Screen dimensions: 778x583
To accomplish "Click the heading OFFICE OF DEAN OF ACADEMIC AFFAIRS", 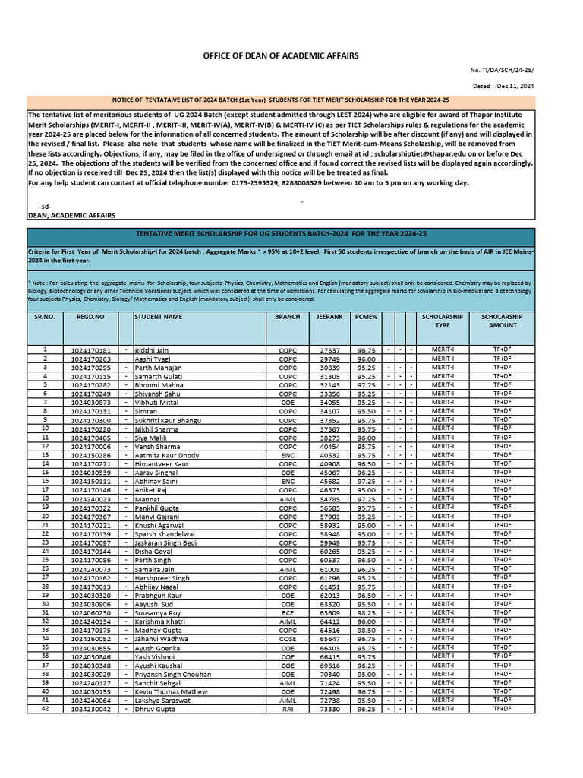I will (280, 56).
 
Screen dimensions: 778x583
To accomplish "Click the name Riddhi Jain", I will (152, 350).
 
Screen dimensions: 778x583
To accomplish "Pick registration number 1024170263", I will (90, 359).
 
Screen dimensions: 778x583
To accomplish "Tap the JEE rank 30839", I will (330, 368).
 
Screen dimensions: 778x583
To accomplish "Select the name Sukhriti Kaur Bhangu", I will (168, 420).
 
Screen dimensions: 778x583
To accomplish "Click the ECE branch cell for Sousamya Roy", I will (287, 612).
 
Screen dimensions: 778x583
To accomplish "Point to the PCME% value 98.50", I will (367, 630).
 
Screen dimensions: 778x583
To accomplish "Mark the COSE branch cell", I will (287, 639).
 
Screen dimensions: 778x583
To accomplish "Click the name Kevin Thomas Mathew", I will (170, 691).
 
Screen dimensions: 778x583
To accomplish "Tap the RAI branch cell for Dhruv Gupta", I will (287, 709).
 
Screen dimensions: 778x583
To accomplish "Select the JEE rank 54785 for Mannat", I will (330, 499).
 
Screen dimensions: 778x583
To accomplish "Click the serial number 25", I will (45, 560).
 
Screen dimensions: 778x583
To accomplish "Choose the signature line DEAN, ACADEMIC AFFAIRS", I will (71, 215).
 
